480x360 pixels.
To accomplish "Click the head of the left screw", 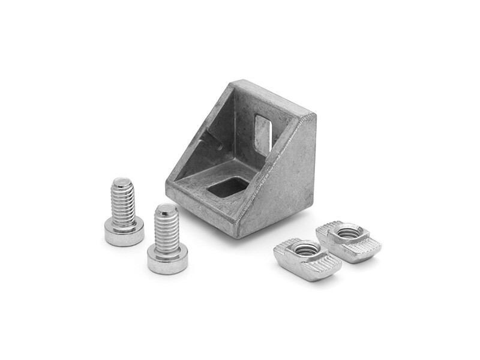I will [x=124, y=232].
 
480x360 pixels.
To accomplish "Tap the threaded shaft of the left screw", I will [x=123, y=204].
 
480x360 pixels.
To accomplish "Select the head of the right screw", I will [x=168, y=261].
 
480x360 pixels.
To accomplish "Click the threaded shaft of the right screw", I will [x=166, y=231].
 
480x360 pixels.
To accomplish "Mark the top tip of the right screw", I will [x=166, y=208].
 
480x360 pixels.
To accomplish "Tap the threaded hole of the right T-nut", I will [x=348, y=232].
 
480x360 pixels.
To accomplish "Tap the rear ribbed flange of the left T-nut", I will [x=289, y=245].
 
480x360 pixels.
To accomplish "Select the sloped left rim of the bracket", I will [x=198, y=129].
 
